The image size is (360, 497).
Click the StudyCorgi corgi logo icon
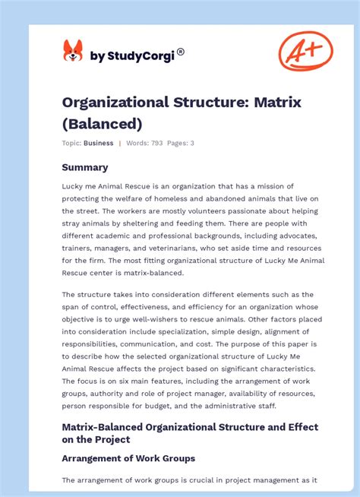click(73, 52)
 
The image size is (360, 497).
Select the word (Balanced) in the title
click(102, 123)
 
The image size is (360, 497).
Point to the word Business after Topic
click(99, 143)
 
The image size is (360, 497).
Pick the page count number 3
click(192, 143)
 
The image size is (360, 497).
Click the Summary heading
click(85, 167)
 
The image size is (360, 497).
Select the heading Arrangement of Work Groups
click(128, 458)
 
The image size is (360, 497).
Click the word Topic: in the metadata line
click(71, 143)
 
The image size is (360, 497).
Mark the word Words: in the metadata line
click(136, 143)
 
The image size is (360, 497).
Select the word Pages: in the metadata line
click(177, 143)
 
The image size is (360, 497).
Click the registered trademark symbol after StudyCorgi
click(180, 52)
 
